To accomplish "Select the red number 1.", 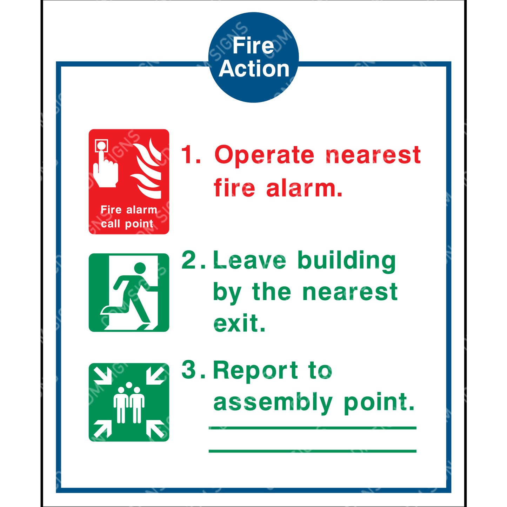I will pos(189,155).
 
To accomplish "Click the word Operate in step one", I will pos(264,155).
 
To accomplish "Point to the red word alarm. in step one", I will pos(304,188).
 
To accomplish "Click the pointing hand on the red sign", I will pos(105,168).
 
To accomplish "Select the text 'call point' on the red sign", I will pos(127,224).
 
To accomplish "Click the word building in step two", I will pos(347,260).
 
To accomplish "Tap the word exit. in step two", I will pos(239,323).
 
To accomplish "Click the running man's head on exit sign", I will pos(140,268).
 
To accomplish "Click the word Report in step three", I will pos(255,370).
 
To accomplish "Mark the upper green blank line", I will pos(312,428).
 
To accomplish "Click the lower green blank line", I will pos(312,451).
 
